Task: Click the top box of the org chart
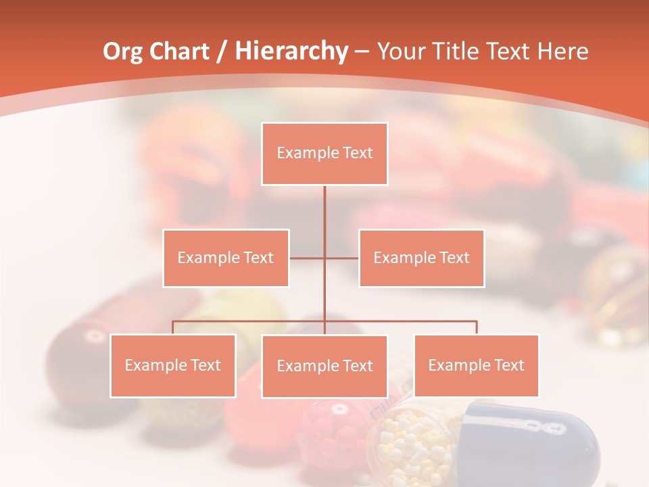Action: pos(324,154)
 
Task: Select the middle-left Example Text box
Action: pos(226,258)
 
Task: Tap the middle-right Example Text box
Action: pos(421,258)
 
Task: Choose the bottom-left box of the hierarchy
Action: pos(173,365)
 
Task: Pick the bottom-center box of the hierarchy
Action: pos(324,366)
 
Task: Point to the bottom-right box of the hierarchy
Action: pos(476,365)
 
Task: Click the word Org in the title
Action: pos(122,51)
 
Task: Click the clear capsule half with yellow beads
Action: pos(416,443)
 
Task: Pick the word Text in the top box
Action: pos(358,153)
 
